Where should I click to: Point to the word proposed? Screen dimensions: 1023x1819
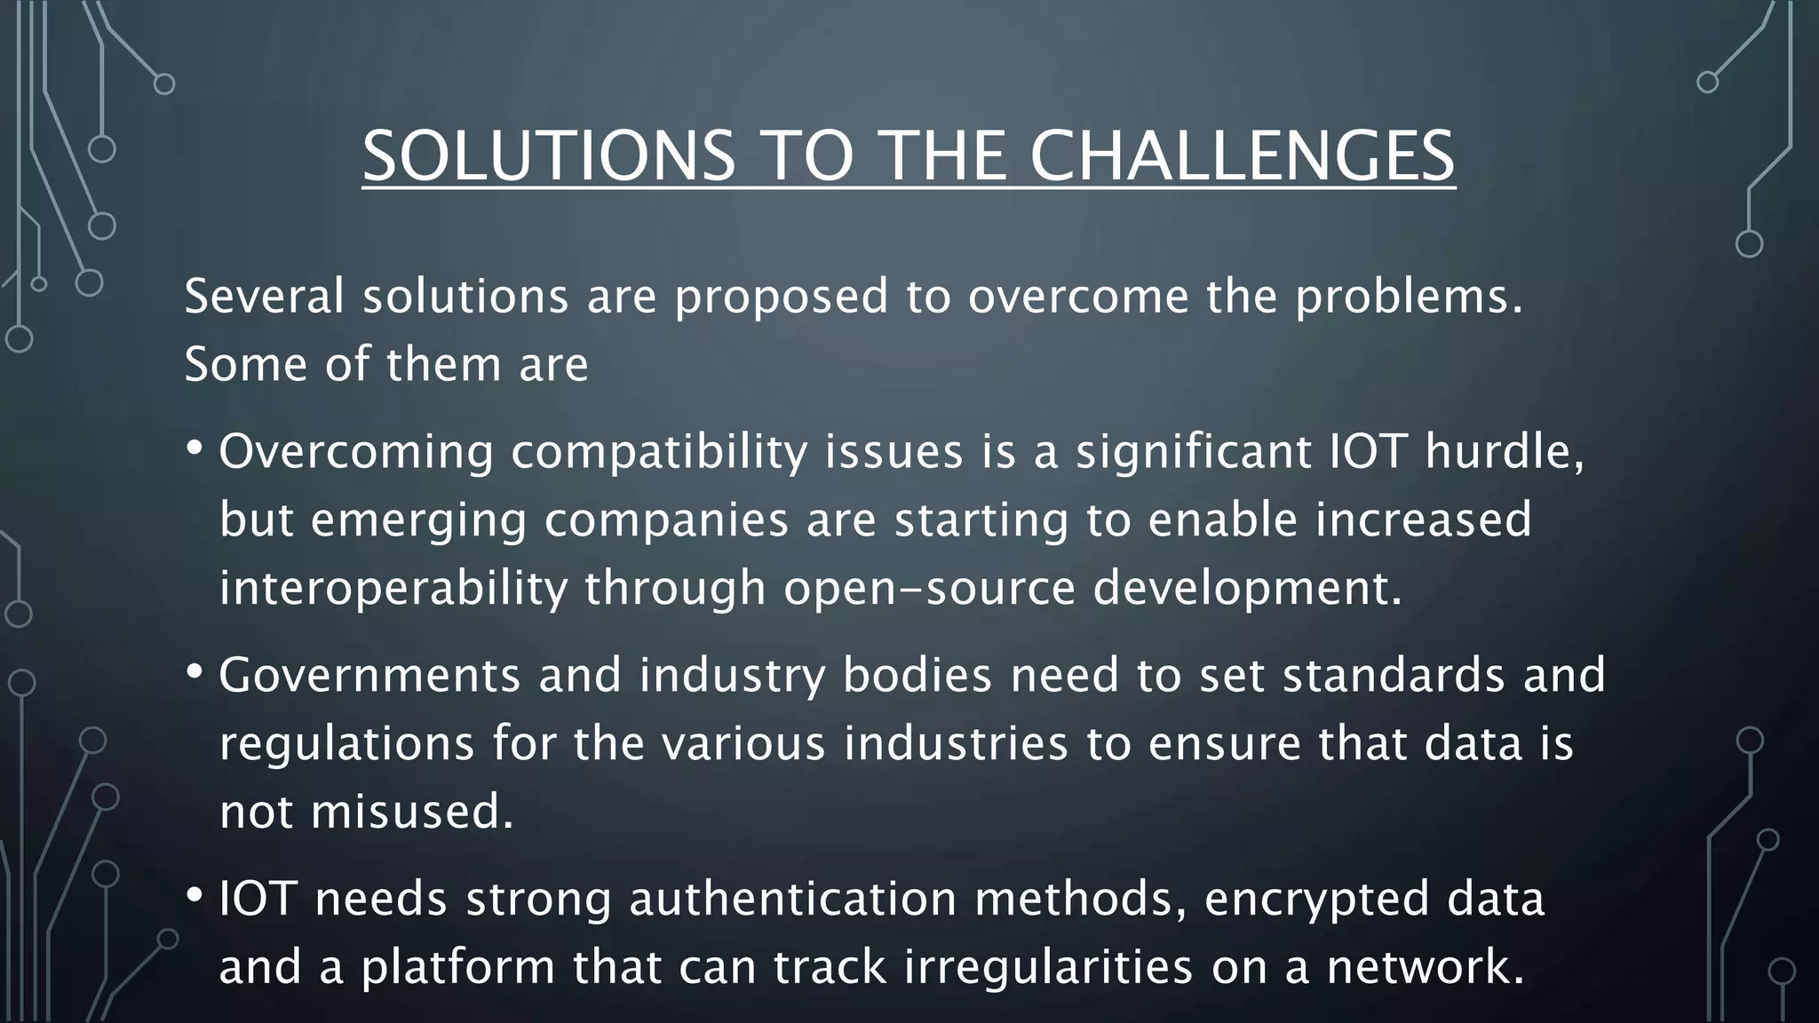pos(781,297)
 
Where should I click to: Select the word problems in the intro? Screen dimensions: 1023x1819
pos(1407,297)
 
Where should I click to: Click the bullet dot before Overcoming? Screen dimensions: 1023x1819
pos(195,448)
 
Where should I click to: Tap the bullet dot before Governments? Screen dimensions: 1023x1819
pos(195,671)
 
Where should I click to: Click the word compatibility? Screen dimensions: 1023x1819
pos(658,452)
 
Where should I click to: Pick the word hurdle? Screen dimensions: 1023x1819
pos(1504,452)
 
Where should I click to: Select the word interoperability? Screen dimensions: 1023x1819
pos(393,588)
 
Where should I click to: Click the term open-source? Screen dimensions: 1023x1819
pos(929,588)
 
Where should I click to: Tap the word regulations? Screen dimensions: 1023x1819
pos(346,744)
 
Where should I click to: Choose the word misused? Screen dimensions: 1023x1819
pos(411,812)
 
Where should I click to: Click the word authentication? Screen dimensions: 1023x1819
pos(792,899)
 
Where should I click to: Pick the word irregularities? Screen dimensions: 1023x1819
pos(1047,966)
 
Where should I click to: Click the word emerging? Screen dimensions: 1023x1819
pos(418,521)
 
